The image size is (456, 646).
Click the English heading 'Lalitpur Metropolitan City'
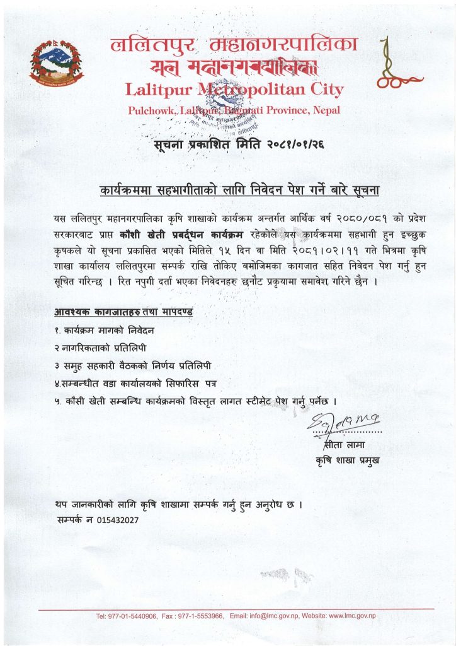(x=234, y=90)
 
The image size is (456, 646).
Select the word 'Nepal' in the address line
(x=326, y=111)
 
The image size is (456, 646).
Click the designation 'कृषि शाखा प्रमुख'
(x=348, y=461)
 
